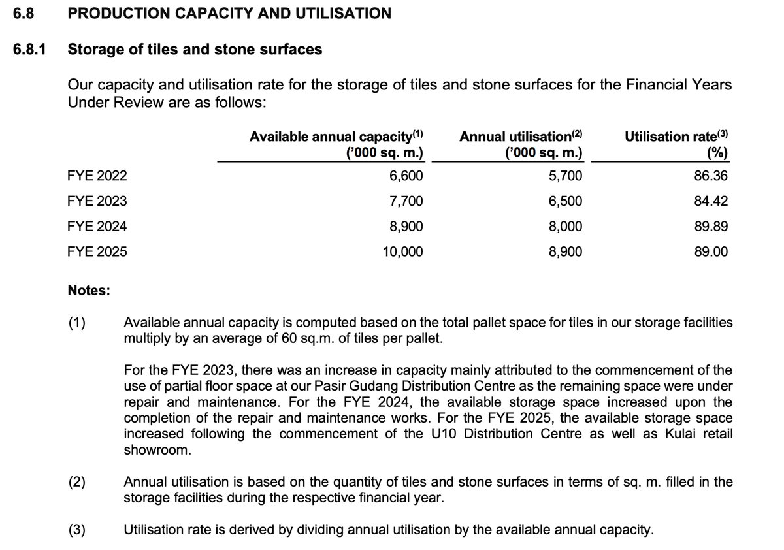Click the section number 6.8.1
pyautogui.click(x=29, y=50)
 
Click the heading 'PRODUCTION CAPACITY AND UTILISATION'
pyautogui.click(x=229, y=13)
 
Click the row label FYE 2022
pyautogui.click(x=97, y=176)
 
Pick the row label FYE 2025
pyautogui.click(x=97, y=252)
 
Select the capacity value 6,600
pyautogui.click(x=406, y=176)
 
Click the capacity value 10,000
pyautogui.click(x=402, y=252)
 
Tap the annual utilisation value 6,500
pyautogui.click(x=565, y=201)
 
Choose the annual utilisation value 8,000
pyautogui.click(x=565, y=227)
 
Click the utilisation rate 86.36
pyautogui.click(x=711, y=176)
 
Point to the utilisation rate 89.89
pyautogui.click(x=711, y=227)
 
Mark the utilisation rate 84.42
pyautogui.click(x=711, y=201)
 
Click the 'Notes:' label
pyautogui.click(x=89, y=290)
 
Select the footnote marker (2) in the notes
pyautogui.click(x=77, y=483)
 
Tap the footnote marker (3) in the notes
pyautogui.click(x=77, y=530)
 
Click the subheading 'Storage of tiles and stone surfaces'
pyautogui.click(x=195, y=50)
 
